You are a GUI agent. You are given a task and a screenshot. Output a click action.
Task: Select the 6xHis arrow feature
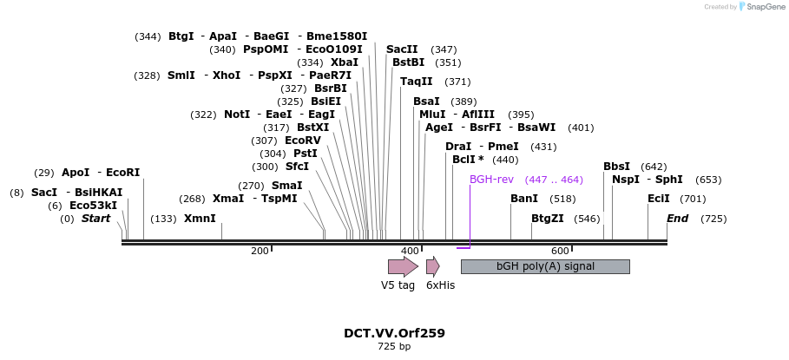click(432, 266)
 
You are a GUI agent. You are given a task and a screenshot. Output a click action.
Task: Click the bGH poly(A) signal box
click(545, 266)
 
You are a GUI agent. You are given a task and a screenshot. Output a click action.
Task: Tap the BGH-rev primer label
click(491, 180)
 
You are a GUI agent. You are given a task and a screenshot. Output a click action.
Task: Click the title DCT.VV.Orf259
click(394, 333)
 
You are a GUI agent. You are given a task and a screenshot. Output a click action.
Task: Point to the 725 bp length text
click(394, 347)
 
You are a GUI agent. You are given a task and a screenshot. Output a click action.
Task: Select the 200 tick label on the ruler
click(260, 251)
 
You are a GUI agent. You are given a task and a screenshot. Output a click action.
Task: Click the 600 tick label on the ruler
click(560, 251)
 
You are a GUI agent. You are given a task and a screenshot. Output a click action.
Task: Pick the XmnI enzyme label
click(200, 219)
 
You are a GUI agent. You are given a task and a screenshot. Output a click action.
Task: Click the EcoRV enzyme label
click(302, 141)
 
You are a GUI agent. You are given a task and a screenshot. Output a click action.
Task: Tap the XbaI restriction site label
click(345, 62)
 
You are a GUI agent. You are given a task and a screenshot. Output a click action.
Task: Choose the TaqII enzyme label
click(417, 82)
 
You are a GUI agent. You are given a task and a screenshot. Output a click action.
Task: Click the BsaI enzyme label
click(426, 101)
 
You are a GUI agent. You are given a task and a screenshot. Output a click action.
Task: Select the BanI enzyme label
click(524, 199)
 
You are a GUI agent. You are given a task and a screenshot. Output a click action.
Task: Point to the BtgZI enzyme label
click(547, 219)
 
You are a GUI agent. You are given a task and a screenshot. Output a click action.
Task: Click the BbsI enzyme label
click(617, 167)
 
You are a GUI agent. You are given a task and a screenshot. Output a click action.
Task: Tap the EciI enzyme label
click(659, 199)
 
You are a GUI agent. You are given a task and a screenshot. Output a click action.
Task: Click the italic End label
click(677, 219)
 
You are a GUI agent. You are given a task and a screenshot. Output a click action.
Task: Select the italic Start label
click(95, 219)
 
